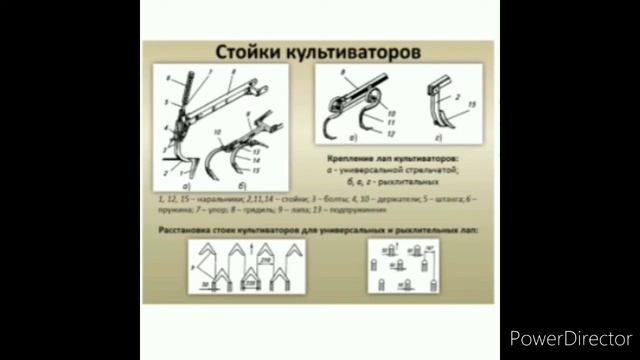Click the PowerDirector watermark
pyautogui.click(x=570, y=336)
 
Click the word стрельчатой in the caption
pyautogui.click(x=433, y=169)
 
